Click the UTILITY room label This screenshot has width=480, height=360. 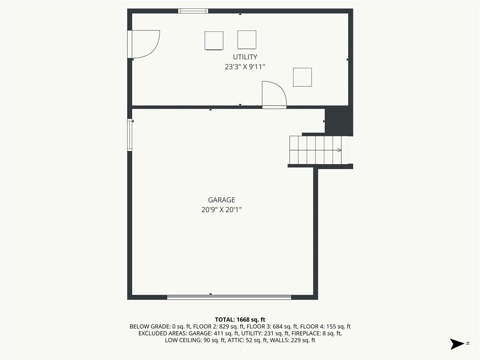pyautogui.click(x=245, y=57)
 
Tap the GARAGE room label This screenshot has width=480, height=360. pyautogui.click(x=222, y=200)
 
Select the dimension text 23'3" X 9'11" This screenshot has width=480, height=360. pyautogui.click(x=245, y=67)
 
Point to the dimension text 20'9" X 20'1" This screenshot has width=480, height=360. pyautogui.click(x=222, y=210)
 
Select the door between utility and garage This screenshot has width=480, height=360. pyautogui.click(x=274, y=95)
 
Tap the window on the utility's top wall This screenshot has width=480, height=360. pyautogui.click(x=193, y=11)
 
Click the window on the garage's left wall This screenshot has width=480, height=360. pyautogui.click(x=130, y=135)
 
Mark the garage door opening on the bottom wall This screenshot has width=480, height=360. pyautogui.click(x=229, y=297)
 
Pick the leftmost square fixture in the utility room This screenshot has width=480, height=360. pyautogui.click(x=214, y=40)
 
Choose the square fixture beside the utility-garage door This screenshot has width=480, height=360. pyautogui.click(x=302, y=77)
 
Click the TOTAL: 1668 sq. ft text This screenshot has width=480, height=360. pyautogui.click(x=240, y=320)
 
